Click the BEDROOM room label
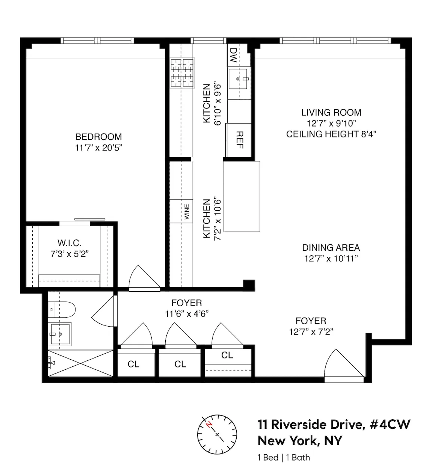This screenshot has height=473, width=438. pyautogui.click(x=98, y=137)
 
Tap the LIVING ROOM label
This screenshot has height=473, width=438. pyautogui.click(x=331, y=113)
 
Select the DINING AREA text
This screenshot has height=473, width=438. pyautogui.click(x=331, y=248)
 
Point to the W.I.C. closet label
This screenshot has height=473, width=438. pyautogui.click(x=69, y=243)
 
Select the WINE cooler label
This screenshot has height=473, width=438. pyautogui.click(x=187, y=212)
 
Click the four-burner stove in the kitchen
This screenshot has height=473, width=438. pyautogui.click(x=183, y=73)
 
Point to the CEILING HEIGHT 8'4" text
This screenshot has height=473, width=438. pyautogui.click(x=331, y=134)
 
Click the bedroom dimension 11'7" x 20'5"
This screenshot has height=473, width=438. pyautogui.click(x=98, y=148)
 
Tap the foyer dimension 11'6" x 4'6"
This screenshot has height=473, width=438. pyautogui.click(x=187, y=314)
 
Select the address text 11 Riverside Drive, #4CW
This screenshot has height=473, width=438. pyautogui.click(x=334, y=425)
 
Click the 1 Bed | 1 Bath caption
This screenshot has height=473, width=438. pyautogui.click(x=284, y=457)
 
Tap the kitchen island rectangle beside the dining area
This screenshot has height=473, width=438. pyautogui.click(x=242, y=196)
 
